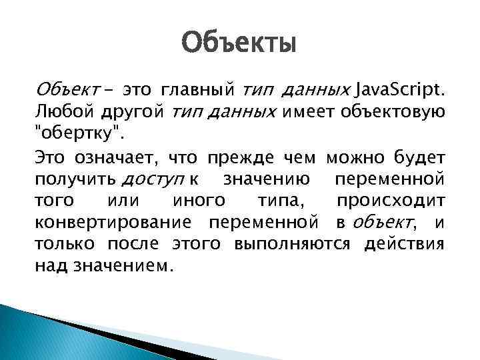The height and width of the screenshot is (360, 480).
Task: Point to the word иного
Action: (198, 201)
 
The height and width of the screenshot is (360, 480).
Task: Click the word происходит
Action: (390, 201)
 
